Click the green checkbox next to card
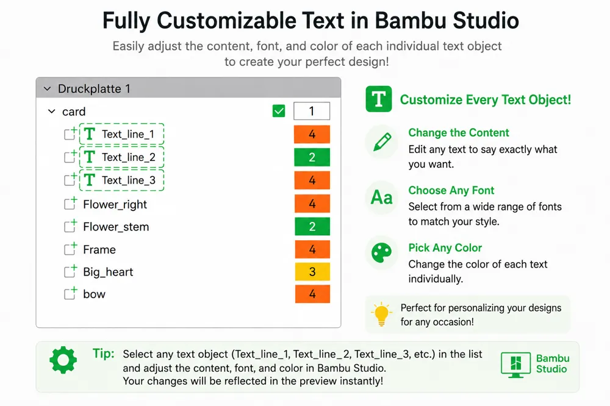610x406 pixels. click(x=279, y=111)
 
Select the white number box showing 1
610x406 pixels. click(x=312, y=111)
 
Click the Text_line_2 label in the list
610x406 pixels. click(x=128, y=157)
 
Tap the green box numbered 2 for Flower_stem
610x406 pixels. click(x=312, y=226)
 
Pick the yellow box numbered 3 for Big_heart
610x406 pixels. click(x=312, y=271)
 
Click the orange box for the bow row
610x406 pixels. click(x=312, y=294)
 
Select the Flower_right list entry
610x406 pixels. click(x=115, y=205)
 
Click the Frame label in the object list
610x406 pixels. click(x=99, y=250)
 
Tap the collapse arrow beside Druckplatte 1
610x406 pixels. click(x=48, y=88)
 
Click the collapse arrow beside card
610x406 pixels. click(x=51, y=112)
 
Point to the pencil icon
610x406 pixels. click(x=382, y=141)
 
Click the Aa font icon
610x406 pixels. click(x=382, y=198)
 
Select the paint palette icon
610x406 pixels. click(x=382, y=253)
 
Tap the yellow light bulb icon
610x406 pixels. click(x=381, y=314)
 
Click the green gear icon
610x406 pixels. click(x=63, y=360)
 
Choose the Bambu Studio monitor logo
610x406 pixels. click(x=515, y=365)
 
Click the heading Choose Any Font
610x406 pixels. click(x=451, y=190)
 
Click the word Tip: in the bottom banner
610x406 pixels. click(x=104, y=354)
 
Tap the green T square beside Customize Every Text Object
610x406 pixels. click(x=379, y=99)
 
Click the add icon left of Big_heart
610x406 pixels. click(x=70, y=271)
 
